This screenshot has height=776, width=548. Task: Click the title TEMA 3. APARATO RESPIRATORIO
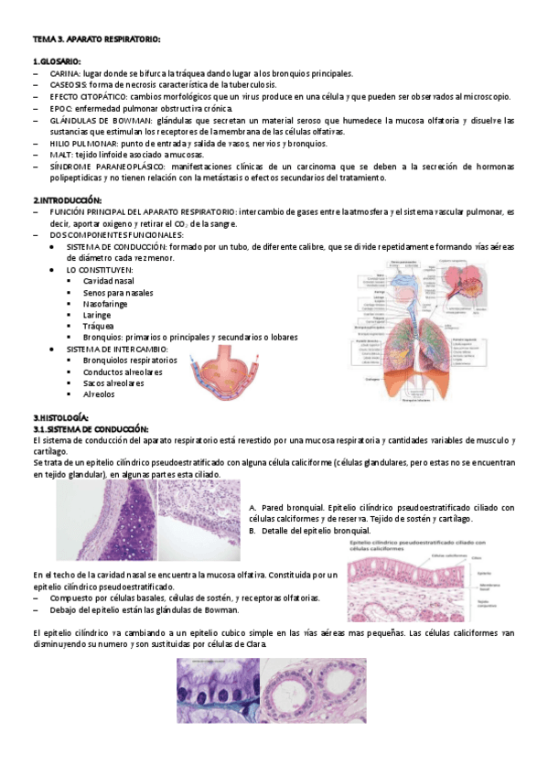click(97, 38)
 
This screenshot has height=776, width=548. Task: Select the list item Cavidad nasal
click(109, 281)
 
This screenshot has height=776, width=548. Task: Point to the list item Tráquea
click(98, 326)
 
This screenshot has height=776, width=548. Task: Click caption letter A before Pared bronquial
click(252, 508)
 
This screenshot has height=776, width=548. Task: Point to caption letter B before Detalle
click(252, 531)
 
